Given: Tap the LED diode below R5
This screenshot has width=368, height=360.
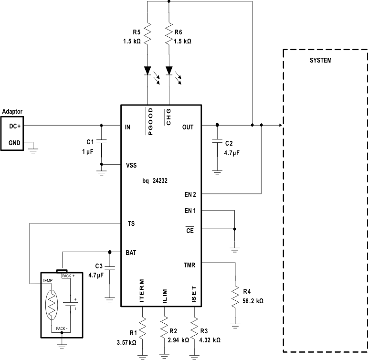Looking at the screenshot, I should click(x=147, y=71).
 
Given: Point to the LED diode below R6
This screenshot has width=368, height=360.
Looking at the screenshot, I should click(x=169, y=71).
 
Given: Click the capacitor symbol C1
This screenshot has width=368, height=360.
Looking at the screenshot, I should click(x=101, y=142).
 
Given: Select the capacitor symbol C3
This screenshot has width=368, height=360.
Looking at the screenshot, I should click(x=109, y=267).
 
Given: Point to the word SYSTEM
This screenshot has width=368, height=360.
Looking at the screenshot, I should click(x=320, y=61).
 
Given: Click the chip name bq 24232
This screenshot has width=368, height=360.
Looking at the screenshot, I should click(x=155, y=181).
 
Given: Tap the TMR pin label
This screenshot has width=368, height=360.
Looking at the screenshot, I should click(x=189, y=264).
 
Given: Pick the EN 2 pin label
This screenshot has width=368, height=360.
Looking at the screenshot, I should click(x=190, y=194).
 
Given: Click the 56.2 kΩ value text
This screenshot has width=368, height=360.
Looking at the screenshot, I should click(x=253, y=301).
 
